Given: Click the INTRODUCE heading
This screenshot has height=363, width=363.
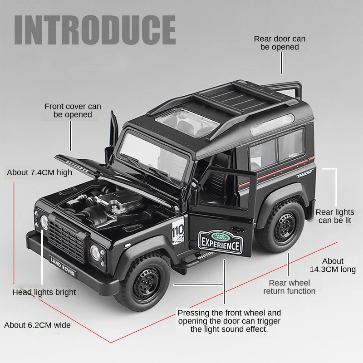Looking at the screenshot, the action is pyautogui.click(x=95, y=29).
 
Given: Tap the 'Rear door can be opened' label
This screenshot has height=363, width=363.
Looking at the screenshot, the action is pyautogui.click(x=280, y=43).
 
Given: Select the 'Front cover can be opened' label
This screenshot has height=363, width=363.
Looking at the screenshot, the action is pyautogui.click(x=73, y=110).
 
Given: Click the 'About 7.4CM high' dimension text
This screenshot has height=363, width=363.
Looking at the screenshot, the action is pyautogui.click(x=39, y=172).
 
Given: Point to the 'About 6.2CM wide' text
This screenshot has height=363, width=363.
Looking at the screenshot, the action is pyautogui.click(x=37, y=325).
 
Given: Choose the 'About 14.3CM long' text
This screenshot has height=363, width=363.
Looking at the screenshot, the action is pyautogui.click(x=333, y=265).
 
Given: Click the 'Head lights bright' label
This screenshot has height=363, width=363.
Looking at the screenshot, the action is pyautogui.click(x=44, y=292).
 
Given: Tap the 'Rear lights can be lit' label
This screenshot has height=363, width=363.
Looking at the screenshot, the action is pyautogui.click(x=335, y=216).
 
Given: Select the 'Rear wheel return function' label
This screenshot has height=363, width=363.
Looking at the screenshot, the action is pyautogui.click(x=289, y=287).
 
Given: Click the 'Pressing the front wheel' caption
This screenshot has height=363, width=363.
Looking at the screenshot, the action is pyautogui.click(x=229, y=321).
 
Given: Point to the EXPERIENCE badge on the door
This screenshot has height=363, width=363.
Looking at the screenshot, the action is pyautogui.click(x=221, y=242).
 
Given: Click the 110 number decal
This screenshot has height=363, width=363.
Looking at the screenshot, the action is pyautogui.click(x=178, y=232).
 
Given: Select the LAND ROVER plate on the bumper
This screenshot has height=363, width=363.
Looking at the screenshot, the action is pyautogui.click(x=63, y=266).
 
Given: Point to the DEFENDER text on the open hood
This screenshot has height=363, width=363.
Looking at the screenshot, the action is pyautogui.click(x=77, y=166).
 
